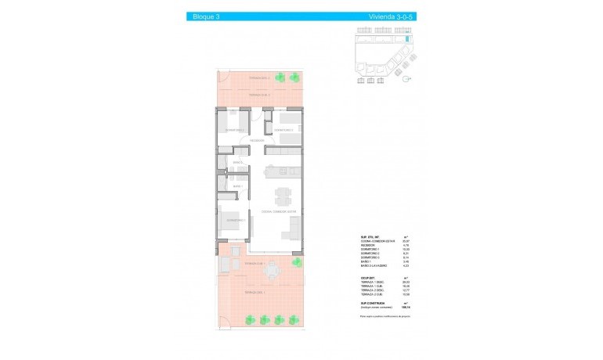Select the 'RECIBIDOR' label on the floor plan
coord(240,141)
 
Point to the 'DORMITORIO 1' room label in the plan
coord(236,220)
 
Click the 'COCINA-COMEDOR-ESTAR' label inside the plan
coord(279,211)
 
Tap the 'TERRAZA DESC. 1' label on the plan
coord(254,292)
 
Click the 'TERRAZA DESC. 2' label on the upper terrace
coord(259,78)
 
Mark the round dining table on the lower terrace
coord(273,271)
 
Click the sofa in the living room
coord(296,229)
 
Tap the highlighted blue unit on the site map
coord(407,38)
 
